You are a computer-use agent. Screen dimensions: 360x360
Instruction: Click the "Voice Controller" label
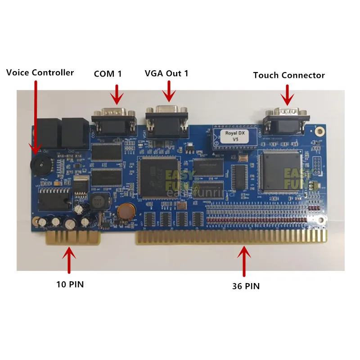tap(40, 72)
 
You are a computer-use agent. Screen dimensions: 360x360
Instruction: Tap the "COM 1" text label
tap(108, 74)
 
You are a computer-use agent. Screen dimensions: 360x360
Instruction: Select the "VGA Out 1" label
tap(166, 73)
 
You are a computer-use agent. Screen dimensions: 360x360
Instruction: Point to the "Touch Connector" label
tap(289, 75)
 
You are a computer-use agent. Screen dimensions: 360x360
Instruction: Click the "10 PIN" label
tap(70, 284)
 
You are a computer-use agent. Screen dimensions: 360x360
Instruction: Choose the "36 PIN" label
tap(246, 286)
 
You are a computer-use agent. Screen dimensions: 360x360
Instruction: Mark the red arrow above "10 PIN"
tap(70, 261)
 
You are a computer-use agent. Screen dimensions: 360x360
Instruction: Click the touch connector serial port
tap(286, 118)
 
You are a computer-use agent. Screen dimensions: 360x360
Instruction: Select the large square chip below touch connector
tap(280, 170)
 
